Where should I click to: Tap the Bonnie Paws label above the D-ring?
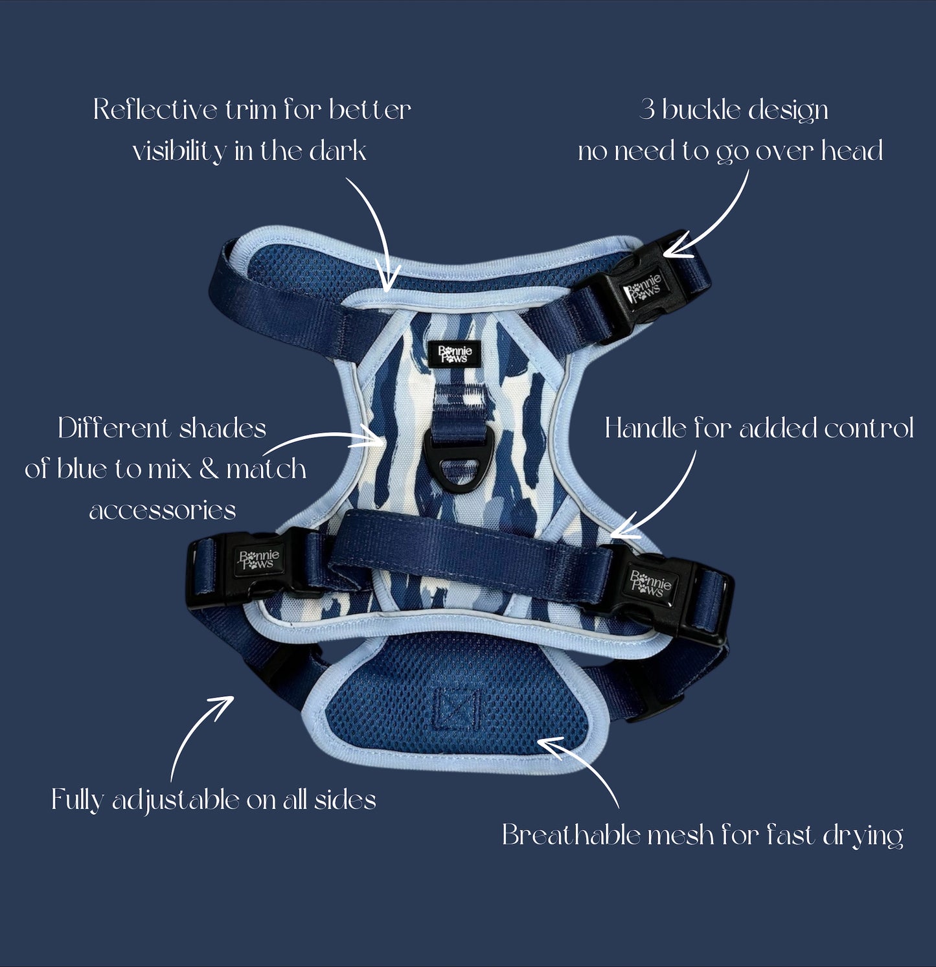pyautogui.click(x=455, y=354)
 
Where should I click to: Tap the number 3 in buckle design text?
pyautogui.click(x=646, y=110)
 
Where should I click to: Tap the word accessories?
pyautogui.click(x=163, y=511)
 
